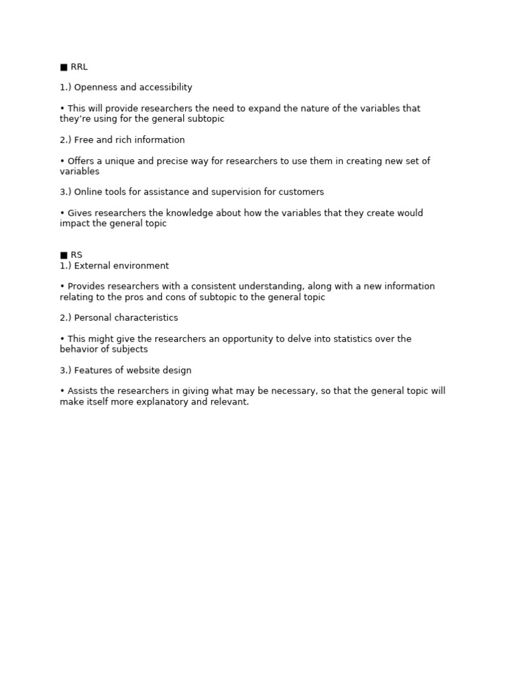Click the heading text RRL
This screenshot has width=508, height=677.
coord(79,67)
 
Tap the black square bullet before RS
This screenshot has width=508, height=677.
coord(63,255)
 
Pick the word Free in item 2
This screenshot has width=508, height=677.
coord(83,140)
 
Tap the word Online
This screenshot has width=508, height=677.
coord(89,192)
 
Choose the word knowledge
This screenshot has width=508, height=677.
coord(198,213)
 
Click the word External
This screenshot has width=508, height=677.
coord(93,266)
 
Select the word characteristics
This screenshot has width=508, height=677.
coord(146,318)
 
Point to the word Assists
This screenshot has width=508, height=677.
coord(81,391)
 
